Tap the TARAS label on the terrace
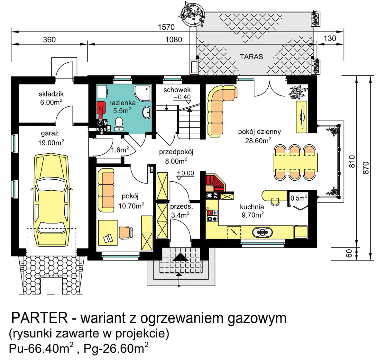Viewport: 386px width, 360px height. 251,57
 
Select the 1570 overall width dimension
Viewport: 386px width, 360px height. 166,27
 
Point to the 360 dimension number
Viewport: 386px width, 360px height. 49,40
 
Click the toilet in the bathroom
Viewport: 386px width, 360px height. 119,124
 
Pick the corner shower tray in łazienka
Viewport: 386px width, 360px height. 143,93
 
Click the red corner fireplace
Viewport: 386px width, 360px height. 215,183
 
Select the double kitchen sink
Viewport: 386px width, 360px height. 262,232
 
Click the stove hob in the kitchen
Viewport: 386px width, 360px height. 212,215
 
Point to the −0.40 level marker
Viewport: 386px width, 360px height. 182,97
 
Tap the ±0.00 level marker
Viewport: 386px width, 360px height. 185,173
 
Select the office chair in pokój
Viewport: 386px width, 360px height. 126,232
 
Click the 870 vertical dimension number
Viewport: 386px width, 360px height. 366,168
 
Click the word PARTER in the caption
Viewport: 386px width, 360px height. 40,318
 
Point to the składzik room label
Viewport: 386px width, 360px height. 51,94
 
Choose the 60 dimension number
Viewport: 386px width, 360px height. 349,253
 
